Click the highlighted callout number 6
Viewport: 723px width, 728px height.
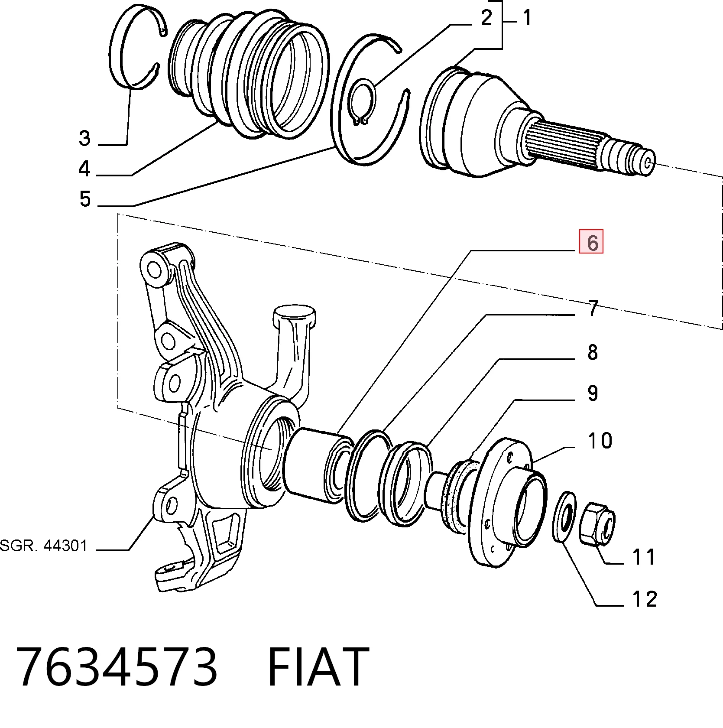pyautogui.click(x=591, y=242)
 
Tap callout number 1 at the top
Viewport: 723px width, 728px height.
pyautogui.click(x=527, y=18)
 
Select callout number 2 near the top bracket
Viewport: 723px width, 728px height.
pyautogui.click(x=487, y=18)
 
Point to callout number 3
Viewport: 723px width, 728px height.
pyautogui.click(x=85, y=139)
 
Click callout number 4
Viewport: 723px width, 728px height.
pyautogui.click(x=84, y=168)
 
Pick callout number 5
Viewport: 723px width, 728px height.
pyautogui.click(x=85, y=199)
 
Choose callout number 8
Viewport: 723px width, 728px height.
pyautogui.click(x=593, y=352)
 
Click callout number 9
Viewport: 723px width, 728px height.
pyautogui.click(x=593, y=393)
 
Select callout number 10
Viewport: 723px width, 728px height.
pyautogui.click(x=600, y=441)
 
